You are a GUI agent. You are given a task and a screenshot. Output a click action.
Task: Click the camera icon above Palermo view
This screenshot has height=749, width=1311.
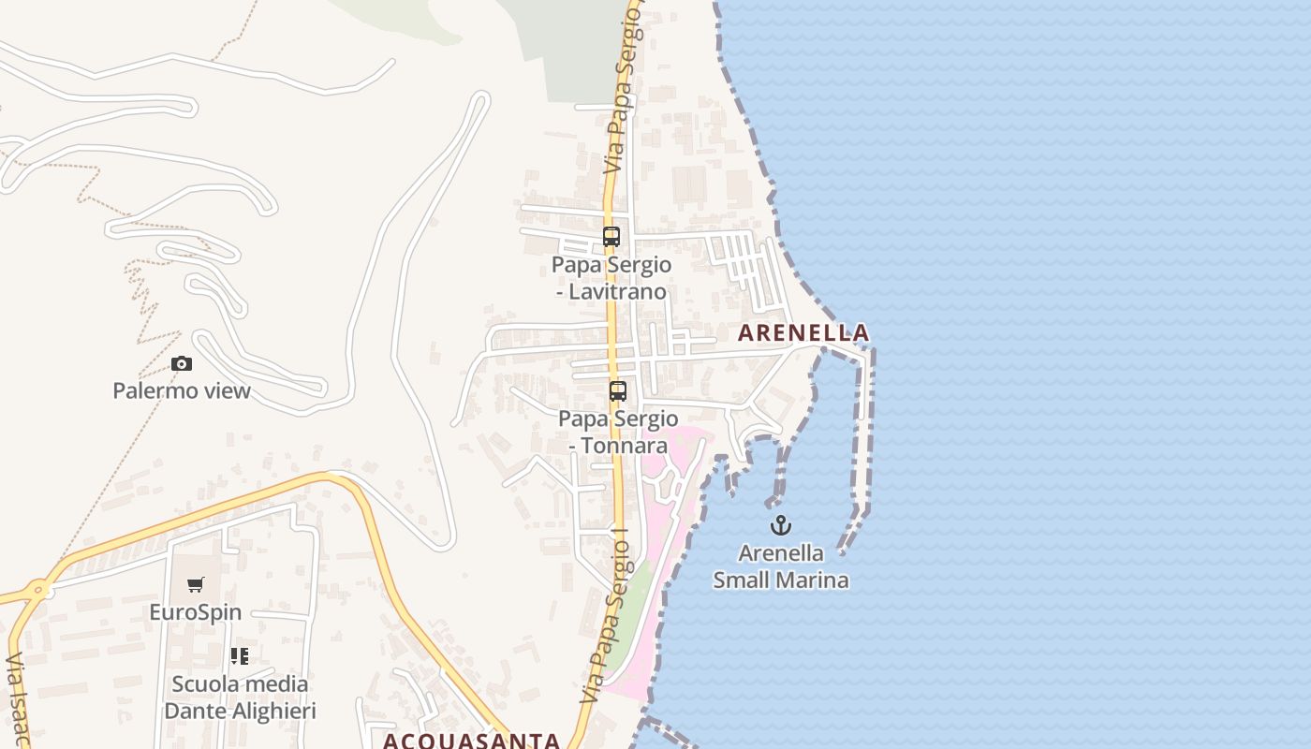(182, 363)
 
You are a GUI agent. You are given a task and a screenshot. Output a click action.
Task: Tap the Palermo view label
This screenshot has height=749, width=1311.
(182, 390)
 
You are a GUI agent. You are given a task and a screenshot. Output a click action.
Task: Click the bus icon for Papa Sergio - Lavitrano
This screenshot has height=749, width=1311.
(611, 237)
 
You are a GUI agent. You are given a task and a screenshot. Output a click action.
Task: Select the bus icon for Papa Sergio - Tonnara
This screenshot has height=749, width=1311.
(618, 391)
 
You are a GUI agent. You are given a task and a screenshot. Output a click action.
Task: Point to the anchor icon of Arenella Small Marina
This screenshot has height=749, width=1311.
(781, 525)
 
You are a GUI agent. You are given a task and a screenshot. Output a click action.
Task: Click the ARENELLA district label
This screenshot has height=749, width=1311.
(803, 332)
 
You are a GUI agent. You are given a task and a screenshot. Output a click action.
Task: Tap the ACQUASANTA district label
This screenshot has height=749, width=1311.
(471, 741)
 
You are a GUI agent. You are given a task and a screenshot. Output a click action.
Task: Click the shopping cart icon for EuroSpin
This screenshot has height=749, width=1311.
(196, 585)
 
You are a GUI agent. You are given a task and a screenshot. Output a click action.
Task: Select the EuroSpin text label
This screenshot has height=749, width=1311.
(196, 612)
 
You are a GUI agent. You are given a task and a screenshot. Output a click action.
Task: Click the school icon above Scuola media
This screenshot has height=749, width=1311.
(240, 656)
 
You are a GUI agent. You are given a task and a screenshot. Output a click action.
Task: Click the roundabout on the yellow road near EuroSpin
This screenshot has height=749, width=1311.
(38, 590)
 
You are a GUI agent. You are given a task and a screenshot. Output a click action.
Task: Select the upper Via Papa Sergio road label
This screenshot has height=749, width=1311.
(624, 94)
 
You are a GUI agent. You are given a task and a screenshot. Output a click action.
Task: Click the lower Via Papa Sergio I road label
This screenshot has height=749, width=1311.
(605, 618)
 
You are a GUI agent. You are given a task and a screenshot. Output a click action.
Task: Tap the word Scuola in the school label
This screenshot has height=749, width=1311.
(204, 684)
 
